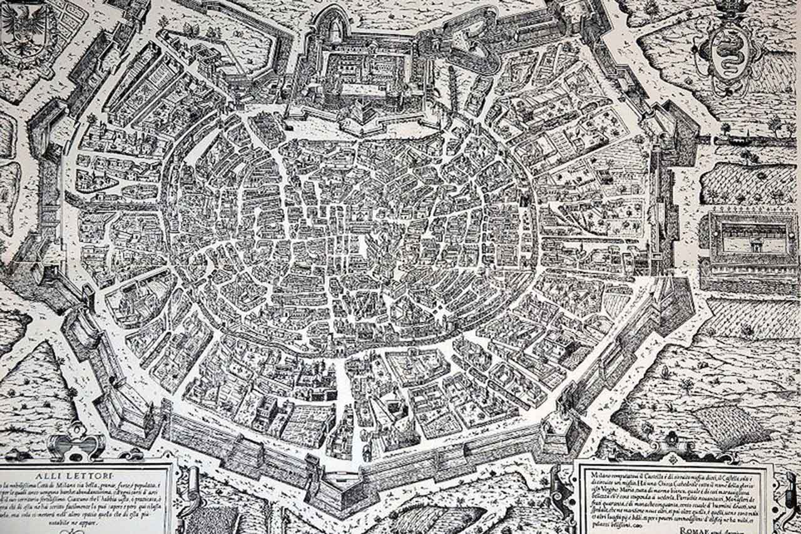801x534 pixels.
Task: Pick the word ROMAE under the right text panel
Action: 691,528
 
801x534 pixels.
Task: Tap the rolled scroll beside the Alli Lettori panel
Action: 191,495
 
